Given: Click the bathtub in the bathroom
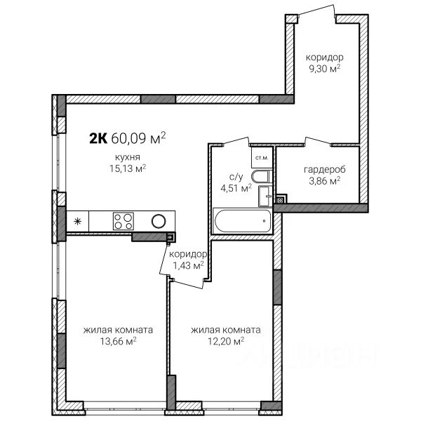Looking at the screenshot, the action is point(242,221).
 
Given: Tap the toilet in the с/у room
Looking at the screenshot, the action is point(262,176).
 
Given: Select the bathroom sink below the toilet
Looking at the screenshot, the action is point(265,196).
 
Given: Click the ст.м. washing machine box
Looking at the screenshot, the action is point(262,158).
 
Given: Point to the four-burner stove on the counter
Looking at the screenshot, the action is point(123,221).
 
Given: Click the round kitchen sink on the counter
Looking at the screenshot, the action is point(159,221).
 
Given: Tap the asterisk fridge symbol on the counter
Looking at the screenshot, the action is point(78,221).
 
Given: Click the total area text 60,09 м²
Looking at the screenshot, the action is point(138,138).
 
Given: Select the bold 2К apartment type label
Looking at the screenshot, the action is point(98,138).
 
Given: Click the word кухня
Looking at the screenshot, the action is point(128,157).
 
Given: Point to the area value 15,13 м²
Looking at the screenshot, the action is point(128,168).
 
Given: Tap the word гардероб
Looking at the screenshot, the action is point(325,170).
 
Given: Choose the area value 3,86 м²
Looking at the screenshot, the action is point(325,181).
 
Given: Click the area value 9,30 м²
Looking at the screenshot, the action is point(325,69).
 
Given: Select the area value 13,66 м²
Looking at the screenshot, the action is point(119,341).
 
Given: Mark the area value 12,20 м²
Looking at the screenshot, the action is point(226,341).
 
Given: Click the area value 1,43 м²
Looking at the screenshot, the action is point(188,265).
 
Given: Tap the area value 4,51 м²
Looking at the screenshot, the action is point(236,188).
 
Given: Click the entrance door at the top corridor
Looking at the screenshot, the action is point(317,11).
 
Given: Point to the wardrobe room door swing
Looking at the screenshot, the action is point(318,141).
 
